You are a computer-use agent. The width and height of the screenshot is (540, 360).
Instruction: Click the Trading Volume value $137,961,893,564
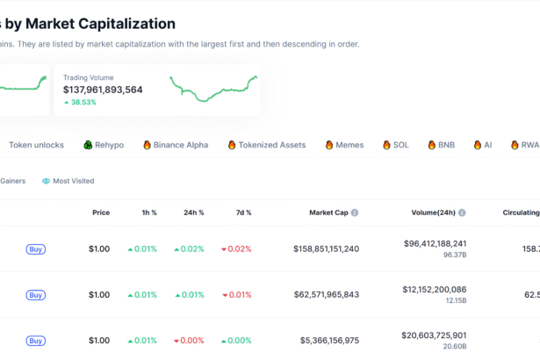pos(103,90)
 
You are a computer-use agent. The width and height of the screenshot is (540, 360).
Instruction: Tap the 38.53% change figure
pos(83,103)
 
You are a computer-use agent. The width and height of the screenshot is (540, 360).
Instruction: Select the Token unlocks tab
pos(36,145)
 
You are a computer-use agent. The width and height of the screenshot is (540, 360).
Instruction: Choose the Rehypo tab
pos(104,145)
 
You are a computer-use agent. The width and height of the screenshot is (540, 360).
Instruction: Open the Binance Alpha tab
pos(175,145)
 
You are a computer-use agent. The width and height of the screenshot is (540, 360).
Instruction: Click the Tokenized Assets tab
pos(266,145)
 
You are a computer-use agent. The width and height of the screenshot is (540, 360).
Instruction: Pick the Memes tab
pos(344,145)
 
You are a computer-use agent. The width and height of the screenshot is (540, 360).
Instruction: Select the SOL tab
pos(395,145)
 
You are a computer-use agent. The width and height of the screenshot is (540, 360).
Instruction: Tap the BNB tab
pos(441,145)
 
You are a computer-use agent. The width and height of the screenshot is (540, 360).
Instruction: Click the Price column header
pos(101,212)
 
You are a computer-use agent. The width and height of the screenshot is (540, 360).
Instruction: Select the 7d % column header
pos(242,212)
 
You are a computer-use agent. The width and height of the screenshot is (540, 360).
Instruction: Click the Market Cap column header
pos(329,212)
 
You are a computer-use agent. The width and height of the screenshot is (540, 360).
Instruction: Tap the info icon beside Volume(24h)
pos(463,212)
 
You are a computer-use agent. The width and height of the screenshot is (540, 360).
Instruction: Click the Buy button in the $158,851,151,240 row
pos(36,249)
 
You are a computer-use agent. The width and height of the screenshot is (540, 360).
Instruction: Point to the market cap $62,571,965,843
pos(326,295)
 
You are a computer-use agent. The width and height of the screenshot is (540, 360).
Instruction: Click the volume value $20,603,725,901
pos(435,335)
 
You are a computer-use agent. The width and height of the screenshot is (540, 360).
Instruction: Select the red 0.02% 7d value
pos(236,249)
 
